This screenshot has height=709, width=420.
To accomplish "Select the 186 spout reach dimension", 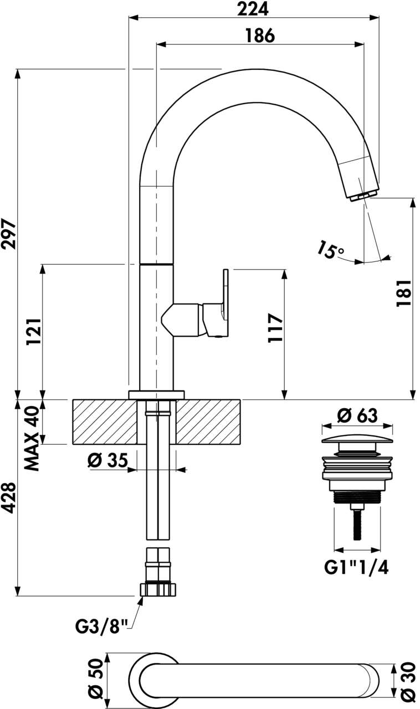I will click(x=260, y=35).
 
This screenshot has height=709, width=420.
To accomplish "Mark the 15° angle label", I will click(x=331, y=249).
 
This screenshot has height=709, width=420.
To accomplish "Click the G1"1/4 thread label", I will click(x=356, y=568).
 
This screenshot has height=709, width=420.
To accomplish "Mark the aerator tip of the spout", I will click(x=363, y=195).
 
